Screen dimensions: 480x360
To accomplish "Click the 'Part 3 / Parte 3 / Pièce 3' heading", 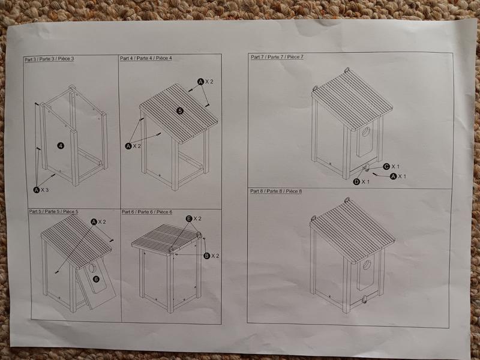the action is tap(49, 59).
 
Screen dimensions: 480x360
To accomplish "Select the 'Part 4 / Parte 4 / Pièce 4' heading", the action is tap(146, 58).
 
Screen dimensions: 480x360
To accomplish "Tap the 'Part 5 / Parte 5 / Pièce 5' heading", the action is tap(53, 212).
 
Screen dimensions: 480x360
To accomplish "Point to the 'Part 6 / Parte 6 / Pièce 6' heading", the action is tap(147, 212).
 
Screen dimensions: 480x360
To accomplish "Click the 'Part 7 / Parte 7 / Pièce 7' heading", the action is tap(277, 57).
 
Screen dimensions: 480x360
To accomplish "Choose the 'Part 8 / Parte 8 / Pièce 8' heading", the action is tap(276, 191).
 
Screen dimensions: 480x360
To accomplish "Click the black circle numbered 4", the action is tap(61, 146).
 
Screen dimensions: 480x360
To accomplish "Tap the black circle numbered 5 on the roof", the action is tap(180, 111).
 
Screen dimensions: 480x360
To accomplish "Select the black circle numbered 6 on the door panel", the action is tap(96, 279).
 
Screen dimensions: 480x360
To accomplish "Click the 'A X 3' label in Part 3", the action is tap(41, 190).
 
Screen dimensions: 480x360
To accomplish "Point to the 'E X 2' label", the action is tap(194, 218).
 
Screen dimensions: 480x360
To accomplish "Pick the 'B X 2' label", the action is tap(212, 256).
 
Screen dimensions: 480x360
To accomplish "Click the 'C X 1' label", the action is tap(391, 167).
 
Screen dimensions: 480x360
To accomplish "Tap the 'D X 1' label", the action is tap(361, 182).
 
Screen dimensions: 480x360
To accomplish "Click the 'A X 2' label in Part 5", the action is tap(98, 221).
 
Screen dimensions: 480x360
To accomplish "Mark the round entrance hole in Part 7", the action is tap(366, 131).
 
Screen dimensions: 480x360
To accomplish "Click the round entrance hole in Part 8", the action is tap(367, 265).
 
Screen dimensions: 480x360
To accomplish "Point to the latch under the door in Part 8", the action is tap(365, 299).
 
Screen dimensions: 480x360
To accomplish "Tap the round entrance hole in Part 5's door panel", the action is tap(92, 268).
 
